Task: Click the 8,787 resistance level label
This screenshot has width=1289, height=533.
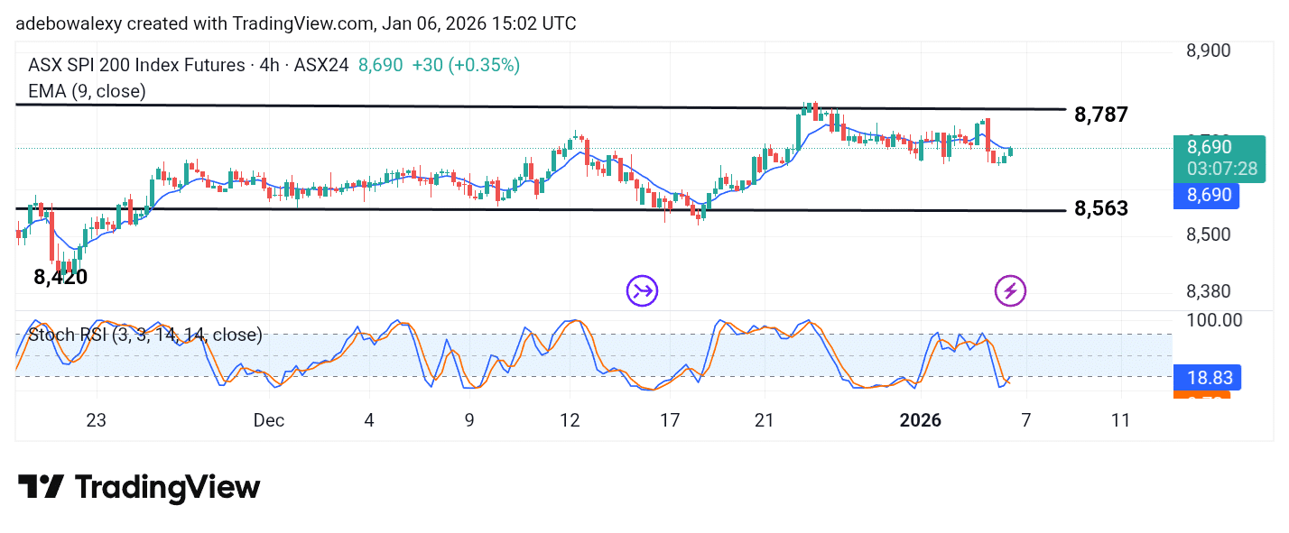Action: (1101, 115)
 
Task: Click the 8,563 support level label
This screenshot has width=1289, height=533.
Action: (1101, 209)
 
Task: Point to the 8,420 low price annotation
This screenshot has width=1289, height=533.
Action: (60, 278)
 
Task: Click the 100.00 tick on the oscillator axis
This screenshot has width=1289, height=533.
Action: (1212, 320)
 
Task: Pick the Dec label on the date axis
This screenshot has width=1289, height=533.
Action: (269, 420)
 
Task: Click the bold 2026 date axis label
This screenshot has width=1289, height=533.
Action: (921, 420)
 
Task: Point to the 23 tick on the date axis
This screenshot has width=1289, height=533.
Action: (96, 420)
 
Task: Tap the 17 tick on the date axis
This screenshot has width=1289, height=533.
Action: (669, 420)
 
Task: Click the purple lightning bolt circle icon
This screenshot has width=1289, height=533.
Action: (1010, 290)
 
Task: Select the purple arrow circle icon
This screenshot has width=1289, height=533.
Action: (643, 290)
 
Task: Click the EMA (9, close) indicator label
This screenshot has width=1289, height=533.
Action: (87, 90)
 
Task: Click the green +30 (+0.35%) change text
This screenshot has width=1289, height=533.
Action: (465, 65)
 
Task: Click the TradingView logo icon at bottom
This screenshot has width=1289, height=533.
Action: (41, 487)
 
